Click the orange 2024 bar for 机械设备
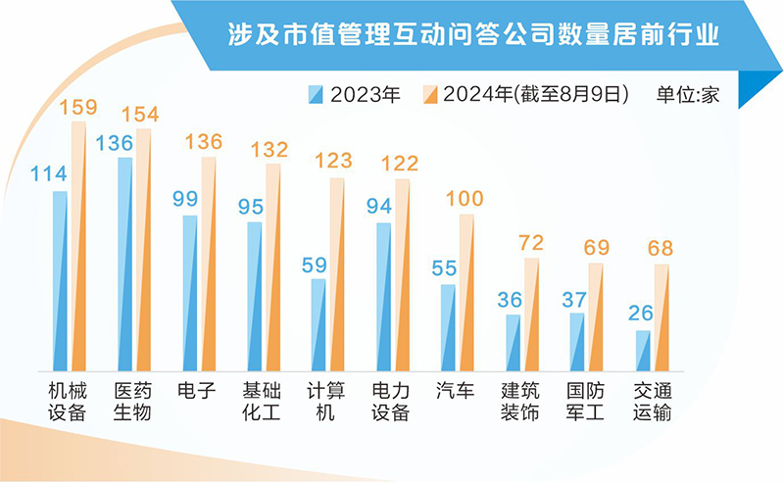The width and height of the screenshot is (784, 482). [77, 245]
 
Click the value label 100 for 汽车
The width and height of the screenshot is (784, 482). [465, 199]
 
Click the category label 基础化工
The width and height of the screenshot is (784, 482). [261, 401]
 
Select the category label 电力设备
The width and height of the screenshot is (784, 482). [390, 401]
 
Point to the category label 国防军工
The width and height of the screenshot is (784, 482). [585, 401]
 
